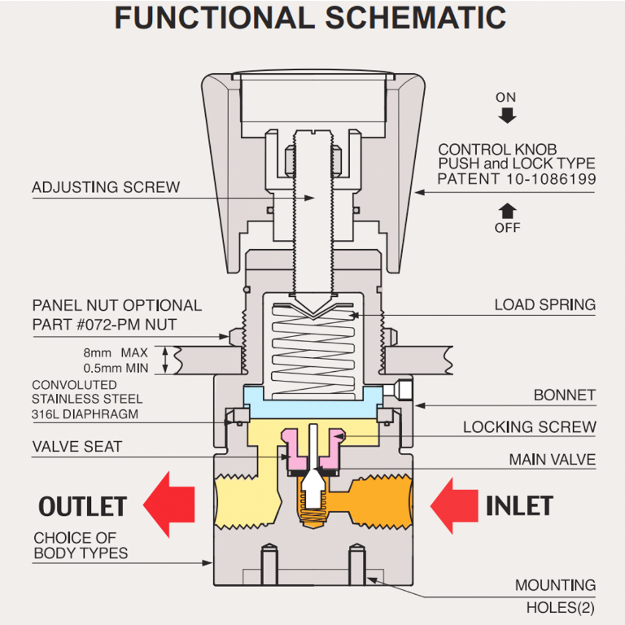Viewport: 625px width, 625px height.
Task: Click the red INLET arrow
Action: tap(456, 505)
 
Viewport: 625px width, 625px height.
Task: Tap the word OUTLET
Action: tap(82, 505)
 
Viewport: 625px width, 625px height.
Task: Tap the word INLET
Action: tap(519, 505)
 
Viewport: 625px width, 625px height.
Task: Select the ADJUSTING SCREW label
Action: tap(106, 187)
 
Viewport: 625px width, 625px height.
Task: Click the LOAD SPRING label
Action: tap(544, 305)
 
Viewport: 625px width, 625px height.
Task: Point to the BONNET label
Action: tap(564, 395)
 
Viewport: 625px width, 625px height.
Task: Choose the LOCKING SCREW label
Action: tap(529, 426)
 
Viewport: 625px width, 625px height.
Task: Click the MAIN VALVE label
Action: tap(552, 460)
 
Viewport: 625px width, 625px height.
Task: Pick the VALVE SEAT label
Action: tap(77, 446)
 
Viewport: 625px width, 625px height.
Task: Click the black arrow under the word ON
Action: tap(507, 116)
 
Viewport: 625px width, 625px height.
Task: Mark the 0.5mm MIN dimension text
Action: tap(116, 368)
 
